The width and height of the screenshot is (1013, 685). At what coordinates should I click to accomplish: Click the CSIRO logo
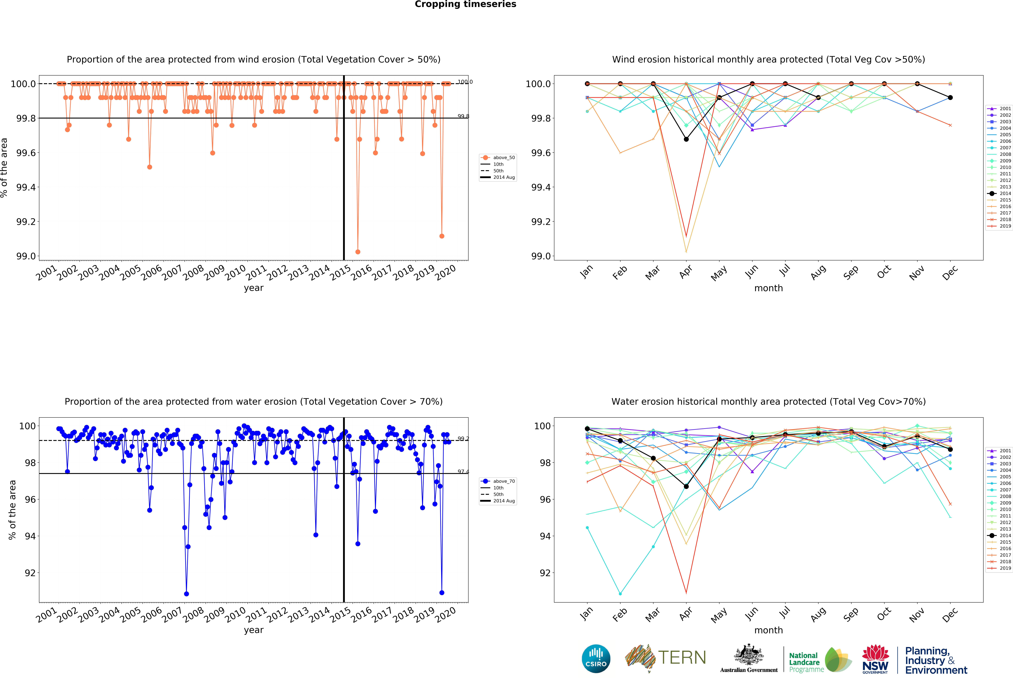tap(596, 658)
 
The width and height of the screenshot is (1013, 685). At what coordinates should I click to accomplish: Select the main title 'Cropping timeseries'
tap(465, 4)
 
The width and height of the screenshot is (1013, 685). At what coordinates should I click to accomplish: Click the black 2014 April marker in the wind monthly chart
tap(686, 139)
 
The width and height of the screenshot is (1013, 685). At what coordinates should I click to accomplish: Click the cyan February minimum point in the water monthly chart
tap(620, 594)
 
